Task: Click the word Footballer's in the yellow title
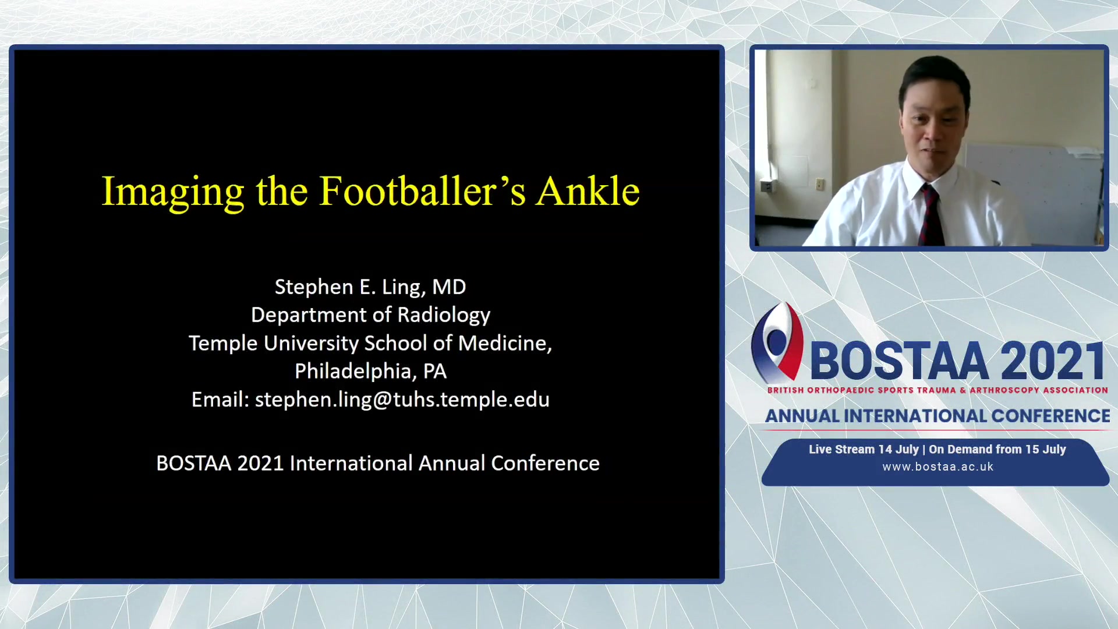click(423, 191)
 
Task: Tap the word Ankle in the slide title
click(588, 191)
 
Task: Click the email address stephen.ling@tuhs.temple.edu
click(402, 400)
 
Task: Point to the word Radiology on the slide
click(444, 315)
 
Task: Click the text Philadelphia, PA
click(370, 371)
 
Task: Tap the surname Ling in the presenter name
click(402, 288)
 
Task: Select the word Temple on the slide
click(223, 344)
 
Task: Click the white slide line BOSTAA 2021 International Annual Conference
click(378, 463)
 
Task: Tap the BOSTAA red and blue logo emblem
click(777, 342)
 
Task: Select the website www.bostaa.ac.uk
click(937, 467)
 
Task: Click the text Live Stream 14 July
click(864, 449)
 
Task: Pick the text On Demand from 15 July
click(997, 449)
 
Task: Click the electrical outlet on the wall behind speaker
click(820, 184)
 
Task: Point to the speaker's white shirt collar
click(926, 178)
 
